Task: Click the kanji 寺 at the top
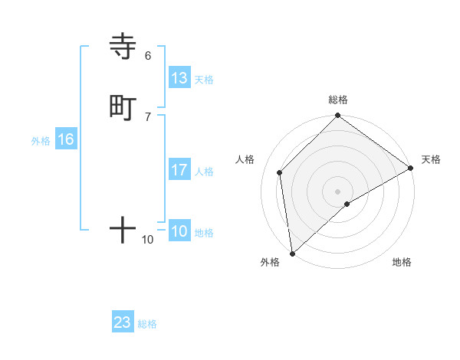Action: coord(123,47)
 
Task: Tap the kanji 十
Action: coord(123,229)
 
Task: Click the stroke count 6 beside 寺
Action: coord(148,55)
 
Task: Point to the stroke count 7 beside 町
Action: coord(148,116)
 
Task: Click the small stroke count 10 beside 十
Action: coord(148,240)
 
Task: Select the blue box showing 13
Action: coord(179,78)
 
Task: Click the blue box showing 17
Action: coord(179,170)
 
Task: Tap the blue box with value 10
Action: coord(179,231)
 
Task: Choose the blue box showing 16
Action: coord(66,139)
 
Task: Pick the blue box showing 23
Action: coord(123,322)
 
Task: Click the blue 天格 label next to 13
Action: coord(204,80)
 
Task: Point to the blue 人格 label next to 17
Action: coord(204,172)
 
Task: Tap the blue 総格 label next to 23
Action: coord(147,324)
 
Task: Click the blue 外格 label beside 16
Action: coord(41,141)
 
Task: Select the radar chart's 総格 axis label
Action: coord(338,100)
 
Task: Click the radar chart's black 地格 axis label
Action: coord(402,263)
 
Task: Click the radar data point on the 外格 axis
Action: coord(292,253)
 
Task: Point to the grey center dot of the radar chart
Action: coord(338,191)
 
